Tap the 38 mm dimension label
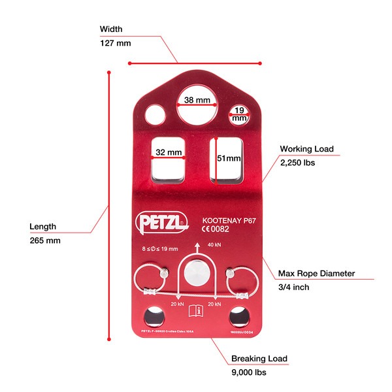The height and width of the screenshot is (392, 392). tap(197, 101)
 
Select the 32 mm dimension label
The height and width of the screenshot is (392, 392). tap(168, 152)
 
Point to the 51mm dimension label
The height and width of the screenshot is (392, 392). tap(228, 158)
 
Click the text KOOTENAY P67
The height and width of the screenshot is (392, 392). tap(227, 220)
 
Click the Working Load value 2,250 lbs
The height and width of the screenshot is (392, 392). tap(298, 163)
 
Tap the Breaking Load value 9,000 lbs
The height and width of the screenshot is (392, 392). tap(249, 372)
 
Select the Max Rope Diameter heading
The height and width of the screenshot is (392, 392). tap(316, 273)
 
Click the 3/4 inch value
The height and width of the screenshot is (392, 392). tap(294, 287)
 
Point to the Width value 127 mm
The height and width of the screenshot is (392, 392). tap(115, 42)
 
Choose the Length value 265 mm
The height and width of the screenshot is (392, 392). tap(45, 240)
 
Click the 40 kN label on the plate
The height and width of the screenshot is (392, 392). tap(214, 244)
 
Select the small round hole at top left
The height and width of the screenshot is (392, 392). tap(157, 114)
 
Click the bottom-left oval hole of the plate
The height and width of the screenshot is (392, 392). tap(155, 316)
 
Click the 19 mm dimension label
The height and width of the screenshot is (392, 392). tap(240, 115)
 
